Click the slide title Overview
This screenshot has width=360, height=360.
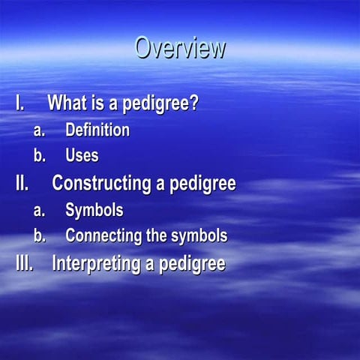(x=180, y=47)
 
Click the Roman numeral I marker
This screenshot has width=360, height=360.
(x=21, y=103)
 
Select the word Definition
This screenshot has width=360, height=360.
(x=97, y=130)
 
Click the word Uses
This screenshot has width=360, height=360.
(x=82, y=156)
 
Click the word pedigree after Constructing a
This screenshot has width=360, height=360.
(x=198, y=184)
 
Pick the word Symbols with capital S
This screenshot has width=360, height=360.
(x=94, y=210)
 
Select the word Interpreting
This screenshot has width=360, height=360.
(x=96, y=264)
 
